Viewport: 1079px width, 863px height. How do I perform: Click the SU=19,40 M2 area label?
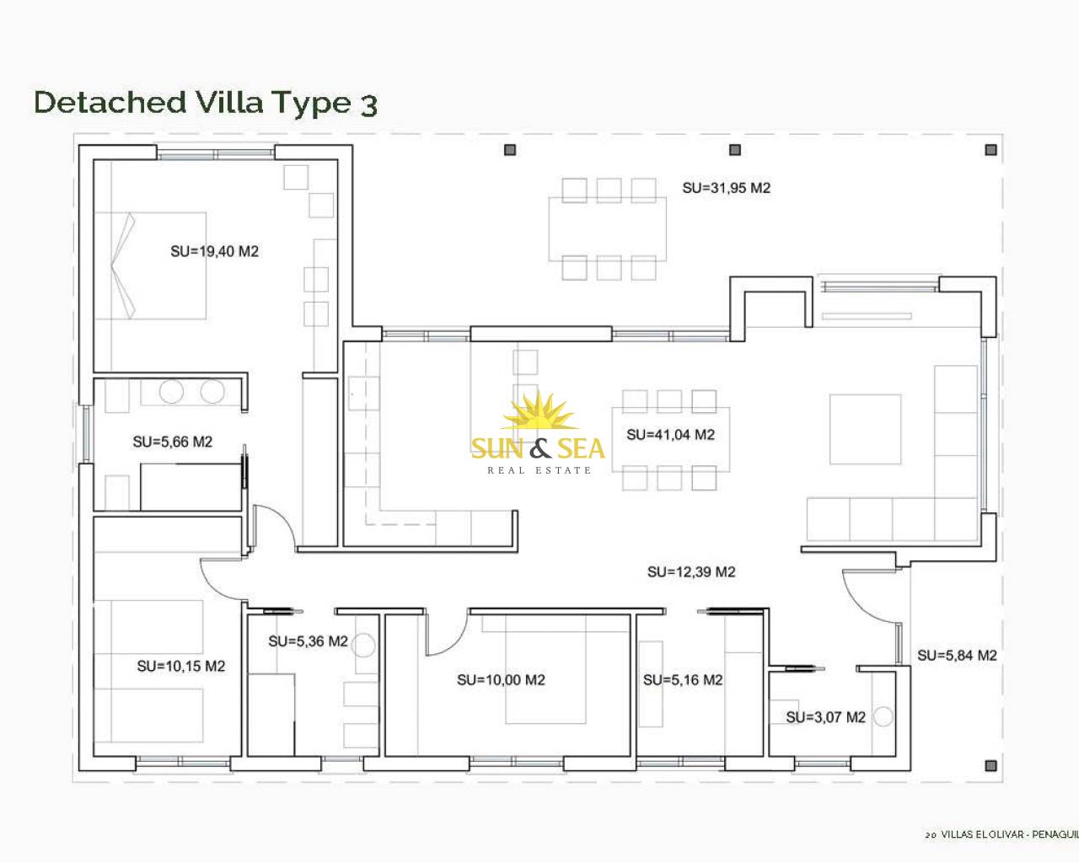click(215, 251)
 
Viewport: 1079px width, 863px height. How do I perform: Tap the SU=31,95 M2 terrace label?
click(726, 188)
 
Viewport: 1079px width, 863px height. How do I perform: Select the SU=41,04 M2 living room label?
click(670, 435)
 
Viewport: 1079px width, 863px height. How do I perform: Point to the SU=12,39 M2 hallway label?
click(691, 571)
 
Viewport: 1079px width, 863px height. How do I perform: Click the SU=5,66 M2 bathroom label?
click(173, 442)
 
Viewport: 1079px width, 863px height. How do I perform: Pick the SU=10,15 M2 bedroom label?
click(181, 666)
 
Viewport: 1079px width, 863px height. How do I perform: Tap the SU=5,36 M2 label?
click(308, 641)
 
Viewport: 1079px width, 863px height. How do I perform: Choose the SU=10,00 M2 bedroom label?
click(501, 680)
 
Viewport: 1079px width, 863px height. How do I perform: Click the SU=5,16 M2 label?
click(683, 680)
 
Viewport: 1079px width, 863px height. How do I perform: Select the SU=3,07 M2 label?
click(826, 717)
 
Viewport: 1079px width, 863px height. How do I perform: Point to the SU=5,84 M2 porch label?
click(957, 656)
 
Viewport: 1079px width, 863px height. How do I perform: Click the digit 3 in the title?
click(368, 105)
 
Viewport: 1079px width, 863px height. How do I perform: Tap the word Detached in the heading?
click(110, 102)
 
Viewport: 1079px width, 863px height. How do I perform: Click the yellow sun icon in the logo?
click(538, 412)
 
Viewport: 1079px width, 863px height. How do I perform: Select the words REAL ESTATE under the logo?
click(539, 470)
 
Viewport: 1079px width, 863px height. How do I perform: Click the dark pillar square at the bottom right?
click(990, 766)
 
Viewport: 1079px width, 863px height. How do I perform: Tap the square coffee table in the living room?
click(866, 429)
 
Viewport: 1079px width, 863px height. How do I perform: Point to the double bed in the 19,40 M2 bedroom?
click(150, 265)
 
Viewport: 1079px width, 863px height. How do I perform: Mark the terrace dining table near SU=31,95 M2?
click(607, 229)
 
